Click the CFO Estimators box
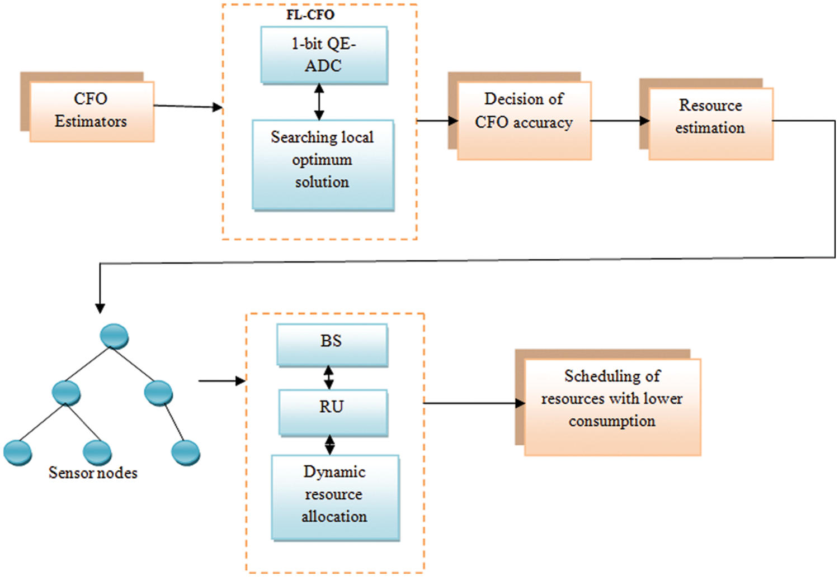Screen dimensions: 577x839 coord(91,111)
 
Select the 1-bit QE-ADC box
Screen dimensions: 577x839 coord(324,55)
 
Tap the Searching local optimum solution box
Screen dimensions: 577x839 coord(323,164)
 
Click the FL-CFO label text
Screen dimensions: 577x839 coord(310,15)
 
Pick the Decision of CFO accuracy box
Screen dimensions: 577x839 coord(524,120)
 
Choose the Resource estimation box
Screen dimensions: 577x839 coord(710,123)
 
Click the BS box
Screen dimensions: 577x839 coord(332,344)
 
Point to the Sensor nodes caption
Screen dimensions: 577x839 coord(93,473)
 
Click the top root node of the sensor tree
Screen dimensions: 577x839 coord(114,336)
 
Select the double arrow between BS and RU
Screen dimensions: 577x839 coord(329,378)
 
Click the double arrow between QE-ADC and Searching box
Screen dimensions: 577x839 coord(319,102)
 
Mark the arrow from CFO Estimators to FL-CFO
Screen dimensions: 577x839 coord(188,106)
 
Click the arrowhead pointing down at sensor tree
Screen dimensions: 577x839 coord(100,307)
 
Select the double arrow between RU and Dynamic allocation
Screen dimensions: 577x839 coord(330,445)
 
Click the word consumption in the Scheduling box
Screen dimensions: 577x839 coord(612,421)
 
